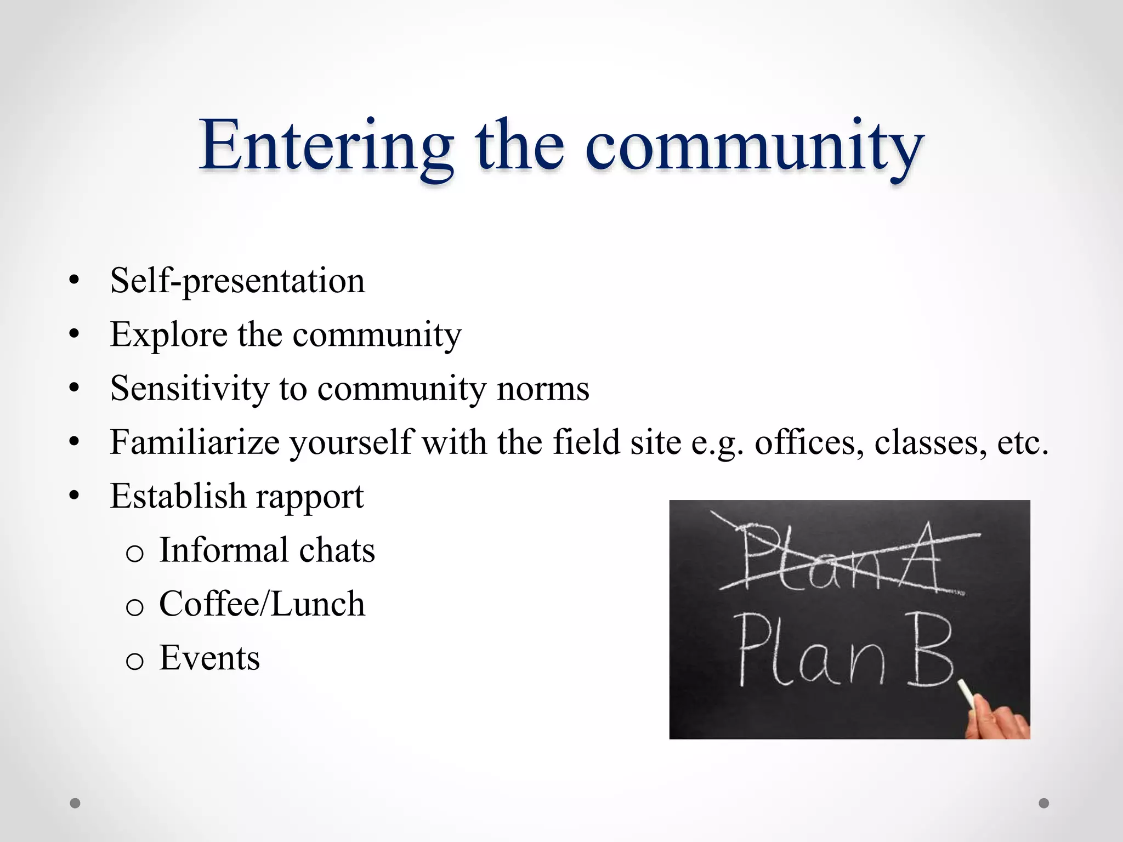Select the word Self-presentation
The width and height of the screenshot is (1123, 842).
(x=237, y=281)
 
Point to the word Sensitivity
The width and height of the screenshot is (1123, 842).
(x=189, y=389)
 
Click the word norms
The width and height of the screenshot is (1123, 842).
(x=542, y=389)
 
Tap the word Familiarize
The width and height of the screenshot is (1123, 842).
(x=195, y=442)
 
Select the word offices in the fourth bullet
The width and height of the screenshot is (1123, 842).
(x=804, y=442)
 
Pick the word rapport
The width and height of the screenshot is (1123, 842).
(x=309, y=497)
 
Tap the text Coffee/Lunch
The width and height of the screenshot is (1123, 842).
(x=262, y=604)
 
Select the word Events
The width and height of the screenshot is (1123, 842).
(x=209, y=658)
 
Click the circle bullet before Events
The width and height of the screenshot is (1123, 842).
(x=134, y=661)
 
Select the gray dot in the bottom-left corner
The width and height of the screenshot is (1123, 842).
(x=75, y=803)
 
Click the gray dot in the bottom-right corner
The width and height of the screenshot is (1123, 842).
(x=1044, y=803)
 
